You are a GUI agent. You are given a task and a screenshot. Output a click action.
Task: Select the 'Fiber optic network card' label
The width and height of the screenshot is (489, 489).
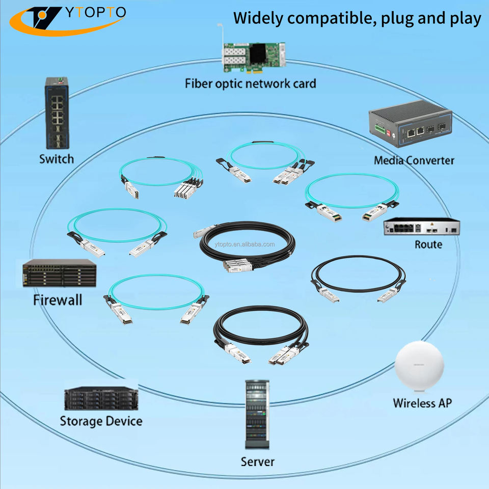click(x=250, y=84)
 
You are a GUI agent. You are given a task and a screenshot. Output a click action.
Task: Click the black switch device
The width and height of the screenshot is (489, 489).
click(x=56, y=112)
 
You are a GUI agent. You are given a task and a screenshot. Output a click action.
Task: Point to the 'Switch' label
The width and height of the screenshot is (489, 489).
click(x=57, y=159)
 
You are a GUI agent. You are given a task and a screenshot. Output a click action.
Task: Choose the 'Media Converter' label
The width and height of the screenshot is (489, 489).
click(x=414, y=160)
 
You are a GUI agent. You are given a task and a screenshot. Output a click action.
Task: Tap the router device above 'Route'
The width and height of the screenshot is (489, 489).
click(x=422, y=227)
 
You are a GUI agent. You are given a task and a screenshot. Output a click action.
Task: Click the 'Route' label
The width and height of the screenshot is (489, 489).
click(x=428, y=244)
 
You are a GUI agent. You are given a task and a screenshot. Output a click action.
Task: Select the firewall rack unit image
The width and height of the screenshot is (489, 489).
click(x=59, y=274)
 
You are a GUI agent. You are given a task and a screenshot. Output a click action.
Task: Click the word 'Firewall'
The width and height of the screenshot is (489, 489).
click(x=57, y=300)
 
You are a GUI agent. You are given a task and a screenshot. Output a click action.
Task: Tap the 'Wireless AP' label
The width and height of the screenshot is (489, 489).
click(x=422, y=403)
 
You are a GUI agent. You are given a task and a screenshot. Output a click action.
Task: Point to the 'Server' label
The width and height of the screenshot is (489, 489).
click(x=257, y=461)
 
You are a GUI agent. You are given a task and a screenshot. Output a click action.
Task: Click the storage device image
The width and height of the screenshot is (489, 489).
click(x=101, y=398)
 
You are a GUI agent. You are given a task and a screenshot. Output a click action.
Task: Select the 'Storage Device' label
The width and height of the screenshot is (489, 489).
click(x=101, y=421)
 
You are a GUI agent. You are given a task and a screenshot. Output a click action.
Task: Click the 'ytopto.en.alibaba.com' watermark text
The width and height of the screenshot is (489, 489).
click(x=244, y=244)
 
